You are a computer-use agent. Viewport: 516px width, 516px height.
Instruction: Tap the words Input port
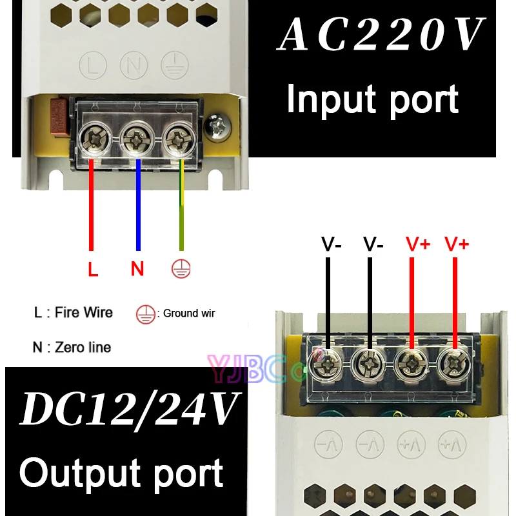click(x=372, y=99)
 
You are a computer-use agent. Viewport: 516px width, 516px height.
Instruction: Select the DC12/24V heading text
click(x=129, y=410)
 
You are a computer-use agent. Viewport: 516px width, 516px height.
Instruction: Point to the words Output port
click(x=121, y=473)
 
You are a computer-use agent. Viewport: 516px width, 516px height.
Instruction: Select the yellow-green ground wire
click(x=182, y=206)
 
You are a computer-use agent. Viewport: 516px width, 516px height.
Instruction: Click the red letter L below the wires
click(x=93, y=270)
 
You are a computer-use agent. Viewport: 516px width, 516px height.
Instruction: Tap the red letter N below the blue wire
click(x=137, y=269)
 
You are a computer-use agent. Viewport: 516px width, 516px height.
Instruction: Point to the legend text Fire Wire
click(x=83, y=313)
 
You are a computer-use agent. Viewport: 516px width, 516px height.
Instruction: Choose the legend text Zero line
click(x=83, y=347)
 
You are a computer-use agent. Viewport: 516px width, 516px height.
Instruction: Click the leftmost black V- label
click(x=332, y=244)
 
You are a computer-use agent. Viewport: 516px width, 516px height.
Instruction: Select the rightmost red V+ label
click(x=457, y=244)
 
